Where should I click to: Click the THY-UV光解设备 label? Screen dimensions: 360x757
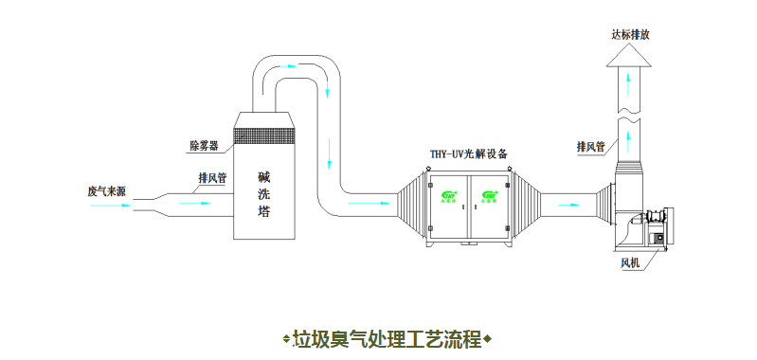(x=469, y=153)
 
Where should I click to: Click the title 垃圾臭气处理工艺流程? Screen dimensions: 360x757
(x=388, y=338)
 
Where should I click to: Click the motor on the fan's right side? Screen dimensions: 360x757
(x=661, y=226)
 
